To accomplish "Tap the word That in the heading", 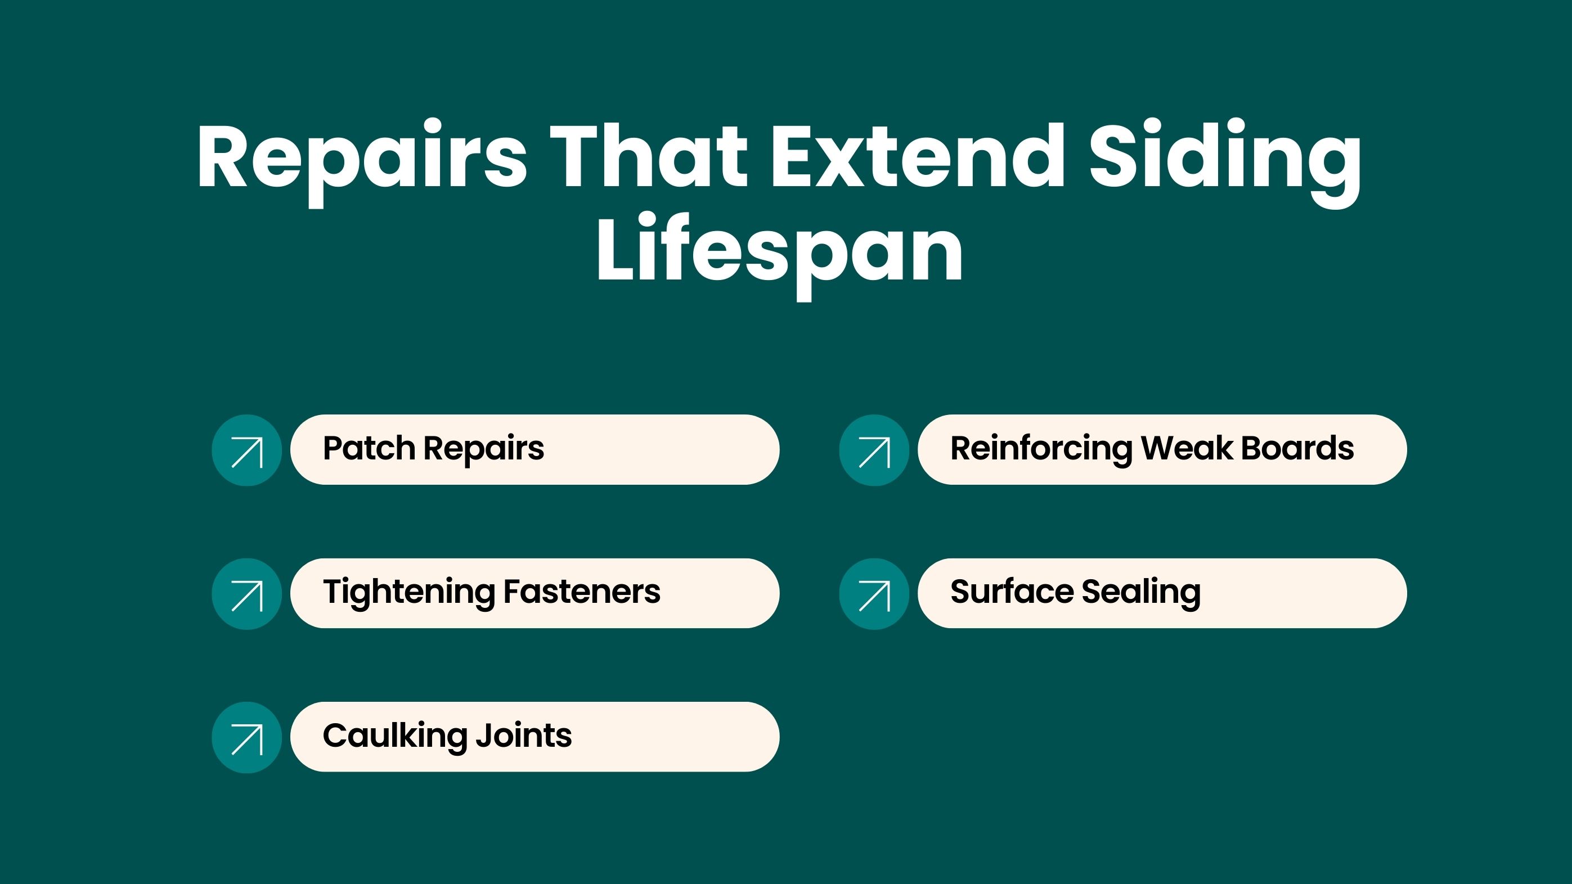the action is click(649, 156).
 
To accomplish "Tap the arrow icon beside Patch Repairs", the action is click(246, 450).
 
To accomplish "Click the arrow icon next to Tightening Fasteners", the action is click(246, 594).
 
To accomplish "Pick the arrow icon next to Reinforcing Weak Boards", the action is click(874, 450).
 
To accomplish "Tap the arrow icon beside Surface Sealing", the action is click(874, 594).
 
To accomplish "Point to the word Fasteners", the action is click(582, 592).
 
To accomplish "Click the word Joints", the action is click(524, 736).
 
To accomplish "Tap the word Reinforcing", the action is click(1040, 449).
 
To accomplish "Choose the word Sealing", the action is click(1141, 592).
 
